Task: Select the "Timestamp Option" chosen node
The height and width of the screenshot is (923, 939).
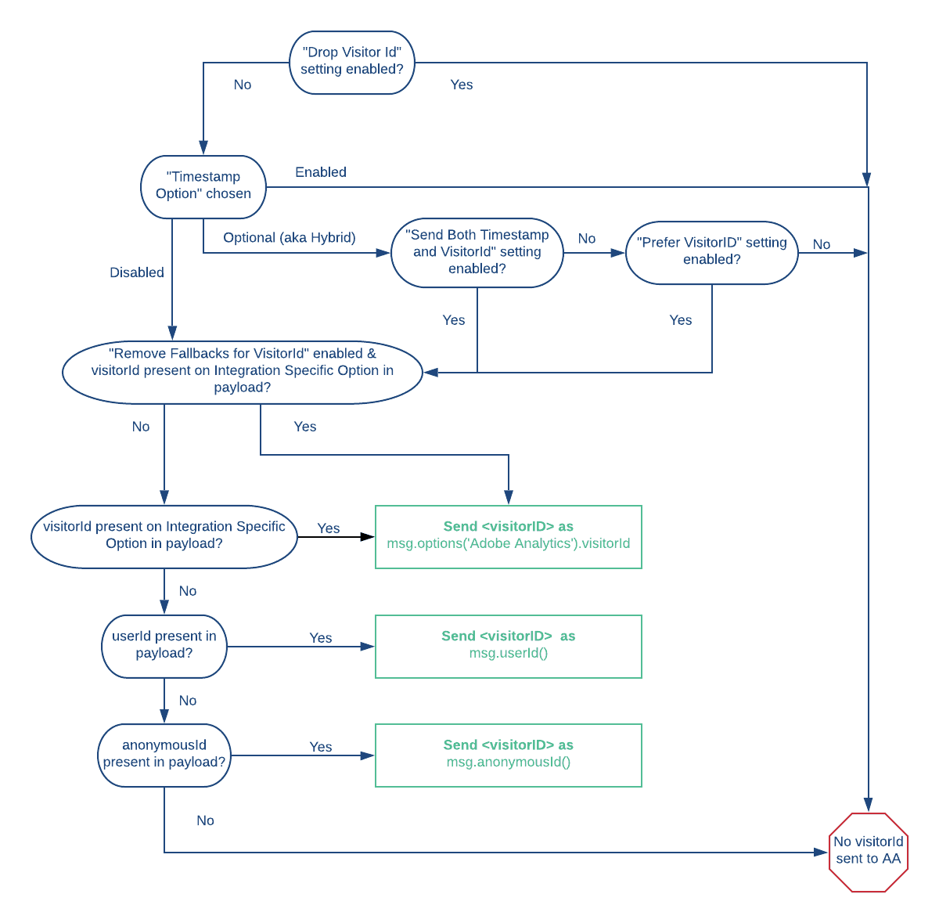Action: [203, 187]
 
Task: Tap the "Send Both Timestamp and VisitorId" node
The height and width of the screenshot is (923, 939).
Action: [477, 252]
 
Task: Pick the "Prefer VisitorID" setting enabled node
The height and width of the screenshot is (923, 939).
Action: [712, 252]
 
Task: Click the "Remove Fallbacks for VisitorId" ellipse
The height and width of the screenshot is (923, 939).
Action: [243, 372]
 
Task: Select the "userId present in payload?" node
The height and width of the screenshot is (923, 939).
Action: [164, 646]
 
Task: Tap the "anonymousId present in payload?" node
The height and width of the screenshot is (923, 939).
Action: [164, 755]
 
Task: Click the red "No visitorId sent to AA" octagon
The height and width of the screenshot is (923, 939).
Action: [869, 852]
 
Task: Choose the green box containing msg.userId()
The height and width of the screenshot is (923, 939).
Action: [509, 646]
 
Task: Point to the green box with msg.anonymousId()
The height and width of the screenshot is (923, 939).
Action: [509, 755]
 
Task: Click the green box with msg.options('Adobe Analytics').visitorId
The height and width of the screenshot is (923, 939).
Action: [509, 536]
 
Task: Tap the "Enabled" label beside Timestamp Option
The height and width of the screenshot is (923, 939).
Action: [321, 172]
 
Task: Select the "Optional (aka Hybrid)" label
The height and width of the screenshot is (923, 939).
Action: [290, 238]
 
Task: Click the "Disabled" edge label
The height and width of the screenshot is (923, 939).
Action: [137, 272]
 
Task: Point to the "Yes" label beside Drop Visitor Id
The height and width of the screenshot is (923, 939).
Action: [462, 85]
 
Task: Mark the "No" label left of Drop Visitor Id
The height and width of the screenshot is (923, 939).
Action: [243, 85]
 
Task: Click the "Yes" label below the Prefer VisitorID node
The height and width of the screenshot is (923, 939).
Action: [681, 320]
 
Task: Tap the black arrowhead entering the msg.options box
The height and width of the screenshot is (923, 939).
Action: [368, 537]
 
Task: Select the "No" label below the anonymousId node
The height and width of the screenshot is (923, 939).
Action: [205, 820]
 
